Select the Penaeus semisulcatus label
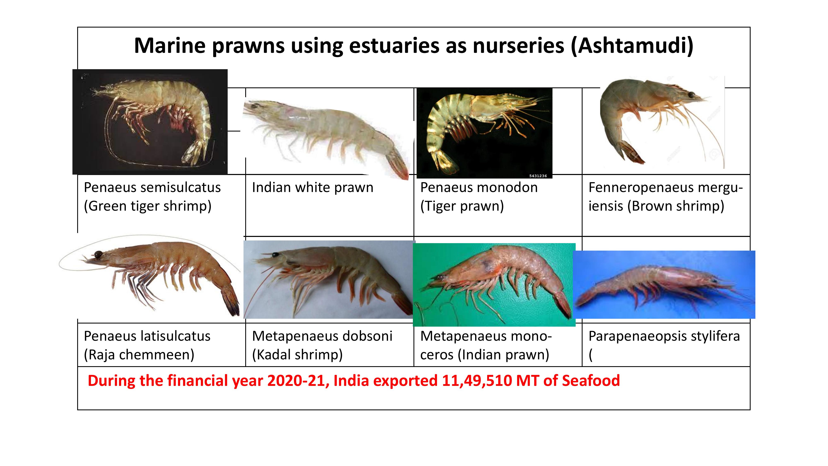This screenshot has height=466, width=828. pos(152,187)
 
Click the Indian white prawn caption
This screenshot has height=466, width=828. pos(312,187)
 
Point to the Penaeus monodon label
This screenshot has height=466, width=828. pos(479,187)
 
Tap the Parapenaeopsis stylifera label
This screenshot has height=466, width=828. pos(664,336)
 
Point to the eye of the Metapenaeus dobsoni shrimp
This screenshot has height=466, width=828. pos(275,255)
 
